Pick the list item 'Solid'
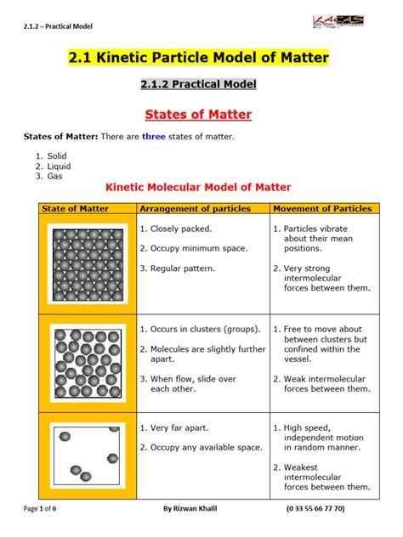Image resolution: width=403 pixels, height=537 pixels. coord(57,156)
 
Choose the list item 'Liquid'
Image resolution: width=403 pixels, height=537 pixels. coord(59,167)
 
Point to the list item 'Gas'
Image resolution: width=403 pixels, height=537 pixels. coord(54,177)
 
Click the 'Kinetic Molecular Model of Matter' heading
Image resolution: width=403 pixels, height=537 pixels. coord(197,187)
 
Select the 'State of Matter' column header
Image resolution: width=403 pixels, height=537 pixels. coord(76,208)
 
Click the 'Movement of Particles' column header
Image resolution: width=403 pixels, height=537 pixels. coord(323,208)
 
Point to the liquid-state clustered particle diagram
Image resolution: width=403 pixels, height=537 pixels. coord(88,357)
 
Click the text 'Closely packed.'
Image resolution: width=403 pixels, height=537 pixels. coord(181,229)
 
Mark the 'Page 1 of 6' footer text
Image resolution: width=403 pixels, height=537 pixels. coord(44,508)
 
